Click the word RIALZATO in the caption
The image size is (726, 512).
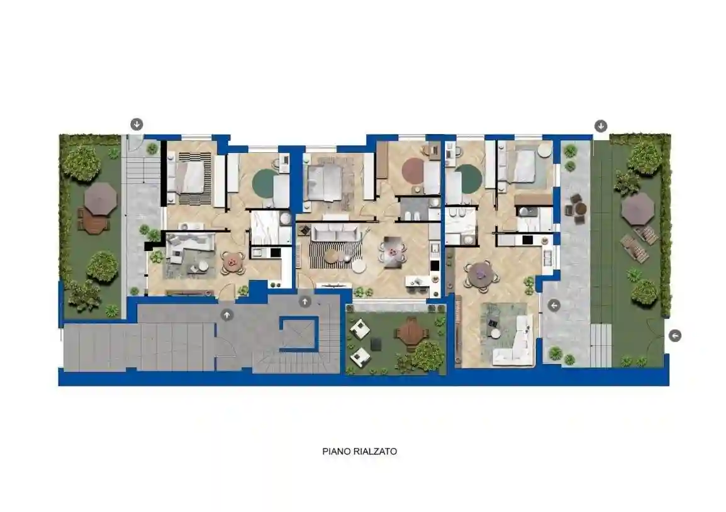pyautogui.click(x=376, y=452)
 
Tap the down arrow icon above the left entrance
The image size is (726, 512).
pyautogui.click(x=136, y=124)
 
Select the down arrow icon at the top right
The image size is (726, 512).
pyautogui.click(x=601, y=126)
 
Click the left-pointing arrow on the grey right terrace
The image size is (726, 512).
pyautogui.click(x=554, y=306)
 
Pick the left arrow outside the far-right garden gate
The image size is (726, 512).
pyautogui.click(x=674, y=336)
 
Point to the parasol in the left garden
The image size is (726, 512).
pyautogui.click(x=101, y=199)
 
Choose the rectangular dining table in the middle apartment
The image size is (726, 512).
pyautogui.click(x=393, y=252)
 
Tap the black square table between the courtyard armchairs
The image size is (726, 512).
pyautogui.click(x=376, y=344)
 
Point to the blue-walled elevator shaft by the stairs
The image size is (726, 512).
pyautogui.click(x=299, y=332)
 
